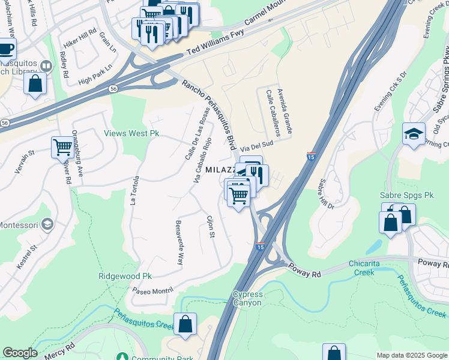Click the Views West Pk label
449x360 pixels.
pos(131,133)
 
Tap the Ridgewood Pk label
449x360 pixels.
pos(125,276)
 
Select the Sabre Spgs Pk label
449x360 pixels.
pos(406,196)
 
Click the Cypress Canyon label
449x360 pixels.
pos(247,298)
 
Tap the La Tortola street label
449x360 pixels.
pos(134,190)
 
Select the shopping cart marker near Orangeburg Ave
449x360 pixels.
pos(62,146)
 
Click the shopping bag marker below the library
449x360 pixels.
pos(35,82)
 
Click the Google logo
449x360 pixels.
pos(20,353)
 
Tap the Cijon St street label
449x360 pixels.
pos(211,226)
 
